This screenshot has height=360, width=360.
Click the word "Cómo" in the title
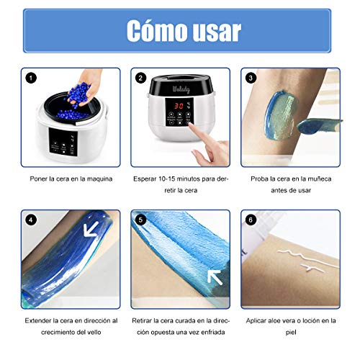(x=155, y=30)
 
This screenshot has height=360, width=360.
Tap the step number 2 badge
(x=140, y=77)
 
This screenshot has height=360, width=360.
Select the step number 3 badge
(x=250, y=77)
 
